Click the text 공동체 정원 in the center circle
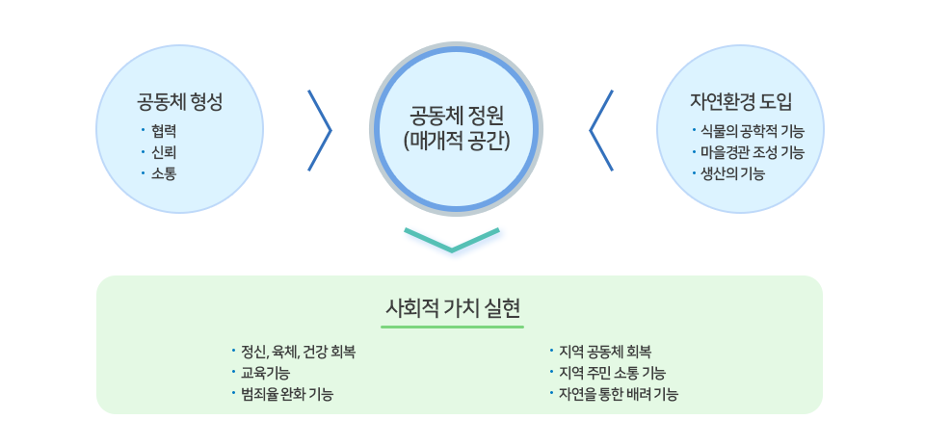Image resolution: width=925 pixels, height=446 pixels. [456, 115]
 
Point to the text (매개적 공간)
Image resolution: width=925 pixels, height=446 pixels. [456, 142]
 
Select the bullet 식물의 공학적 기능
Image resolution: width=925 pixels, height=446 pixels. [753, 132]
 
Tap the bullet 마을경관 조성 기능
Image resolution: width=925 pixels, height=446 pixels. [753, 153]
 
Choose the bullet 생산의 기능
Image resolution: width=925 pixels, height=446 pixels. [732, 174]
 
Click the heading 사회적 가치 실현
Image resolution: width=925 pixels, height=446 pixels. [453, 308]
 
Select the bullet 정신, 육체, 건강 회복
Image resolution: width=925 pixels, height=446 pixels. [298, 354]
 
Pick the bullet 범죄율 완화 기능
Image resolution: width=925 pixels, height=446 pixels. [287, 395]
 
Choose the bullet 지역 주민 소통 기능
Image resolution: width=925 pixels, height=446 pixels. [612, 374]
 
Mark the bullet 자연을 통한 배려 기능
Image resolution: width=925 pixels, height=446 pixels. [618, 395]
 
